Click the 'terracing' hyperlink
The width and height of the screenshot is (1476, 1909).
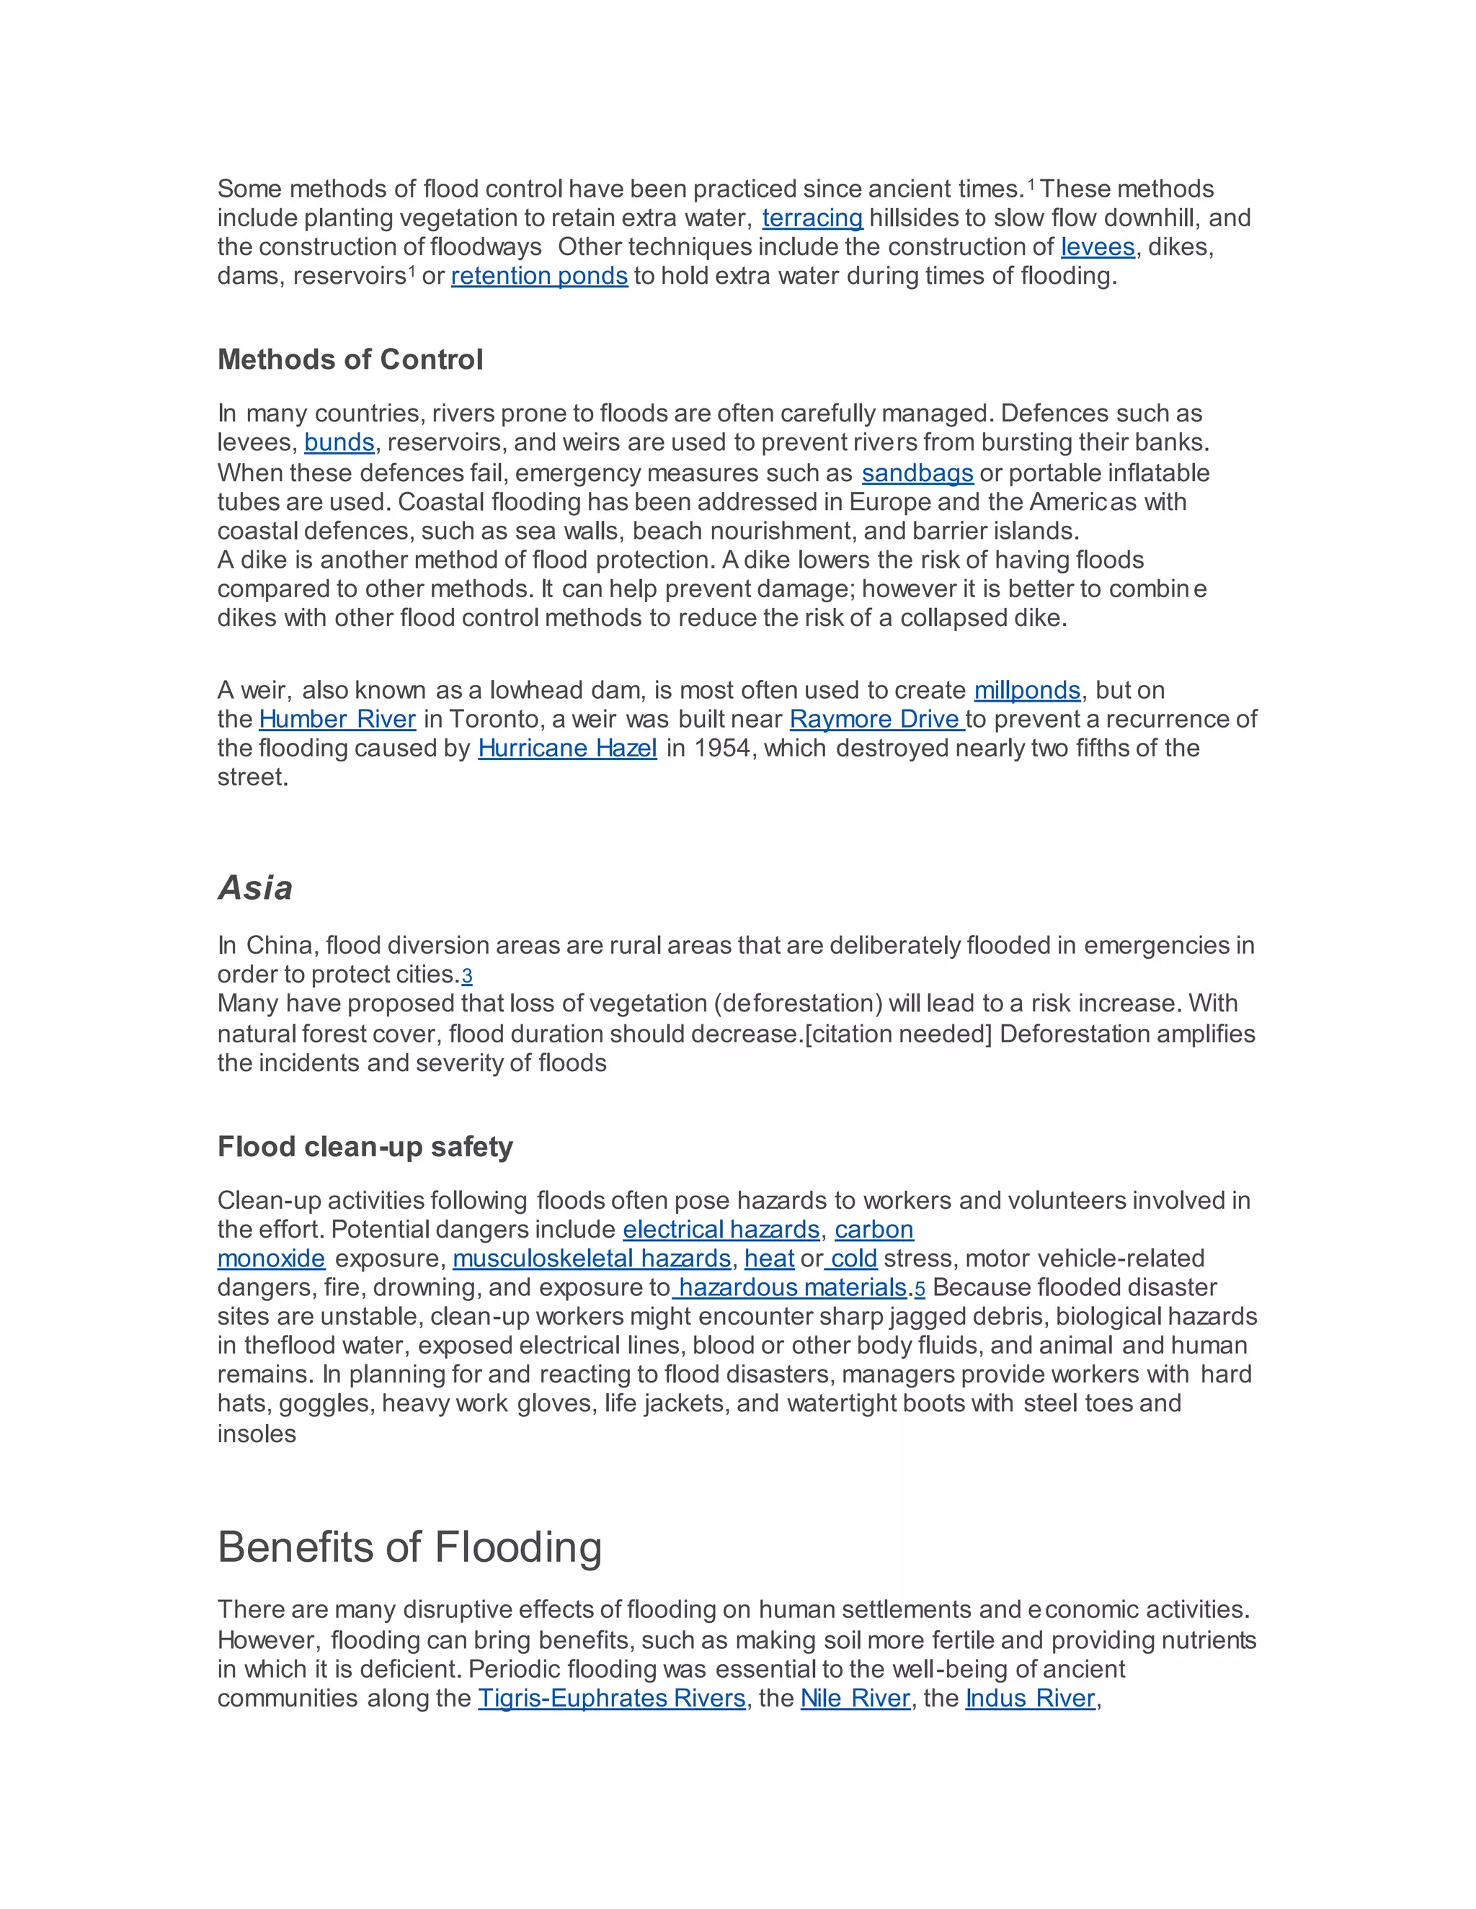(x=812, y=218)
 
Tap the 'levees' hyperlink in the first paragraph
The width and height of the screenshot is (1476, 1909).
(x=1098, y=247)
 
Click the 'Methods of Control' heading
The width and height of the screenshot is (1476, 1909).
(x=350, y=359)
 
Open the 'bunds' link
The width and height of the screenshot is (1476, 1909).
(x=339, y=442)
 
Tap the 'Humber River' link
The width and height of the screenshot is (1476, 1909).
(x=337, y=720)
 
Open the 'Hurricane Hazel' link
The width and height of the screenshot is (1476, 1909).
(x=566, y=748)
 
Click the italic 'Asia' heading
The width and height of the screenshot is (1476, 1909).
(x=254, y=888)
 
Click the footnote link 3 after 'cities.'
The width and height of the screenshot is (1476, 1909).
(x=467, y=976)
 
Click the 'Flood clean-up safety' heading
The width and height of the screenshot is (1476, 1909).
(x=365, y=1146)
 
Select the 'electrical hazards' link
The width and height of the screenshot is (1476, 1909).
(x=721, y=1230)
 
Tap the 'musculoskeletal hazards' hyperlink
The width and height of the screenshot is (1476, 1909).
(x=591, y=1258)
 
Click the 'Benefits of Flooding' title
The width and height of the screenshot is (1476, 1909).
(x=409, y=1547)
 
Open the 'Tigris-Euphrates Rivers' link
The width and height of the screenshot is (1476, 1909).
(x=611, y=1699)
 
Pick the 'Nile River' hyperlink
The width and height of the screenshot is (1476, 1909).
(x=855, y=1699)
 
